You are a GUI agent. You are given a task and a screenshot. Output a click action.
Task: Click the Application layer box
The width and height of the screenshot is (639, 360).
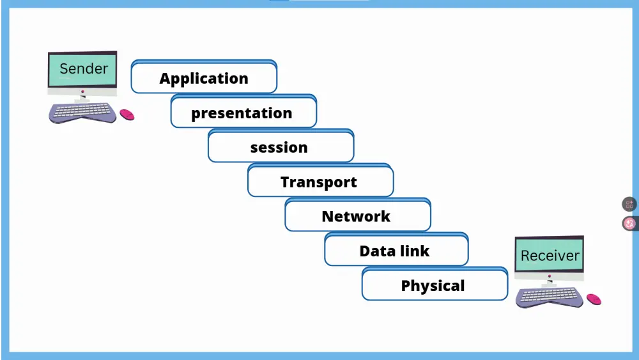(204, 78)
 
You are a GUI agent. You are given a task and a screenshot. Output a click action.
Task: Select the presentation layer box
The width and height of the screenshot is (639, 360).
(243, 113)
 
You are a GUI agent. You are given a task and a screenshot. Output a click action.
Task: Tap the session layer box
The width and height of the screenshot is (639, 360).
(280, 148)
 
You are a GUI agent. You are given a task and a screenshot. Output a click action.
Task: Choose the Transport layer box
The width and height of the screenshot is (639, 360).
(319, 182)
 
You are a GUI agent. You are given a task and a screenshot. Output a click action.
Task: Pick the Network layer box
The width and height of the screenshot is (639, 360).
(357, 216)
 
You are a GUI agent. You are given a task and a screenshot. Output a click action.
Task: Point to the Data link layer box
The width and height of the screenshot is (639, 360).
(396, 251)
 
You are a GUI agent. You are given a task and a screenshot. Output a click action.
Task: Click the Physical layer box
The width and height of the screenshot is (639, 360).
(434, 285)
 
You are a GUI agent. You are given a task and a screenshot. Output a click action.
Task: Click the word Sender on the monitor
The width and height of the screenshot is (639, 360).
(84, 68)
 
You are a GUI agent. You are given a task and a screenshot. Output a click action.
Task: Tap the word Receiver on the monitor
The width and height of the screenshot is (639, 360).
(550, 256)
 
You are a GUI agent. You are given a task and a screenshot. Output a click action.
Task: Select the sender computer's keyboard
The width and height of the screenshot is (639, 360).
(83, 113)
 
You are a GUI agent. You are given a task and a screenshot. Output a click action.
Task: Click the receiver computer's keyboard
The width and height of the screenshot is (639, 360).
(550, 297)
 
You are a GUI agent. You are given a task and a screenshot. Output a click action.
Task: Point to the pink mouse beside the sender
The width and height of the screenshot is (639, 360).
(127, 114)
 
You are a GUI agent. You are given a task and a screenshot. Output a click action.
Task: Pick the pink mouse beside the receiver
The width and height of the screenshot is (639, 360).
(594, 299)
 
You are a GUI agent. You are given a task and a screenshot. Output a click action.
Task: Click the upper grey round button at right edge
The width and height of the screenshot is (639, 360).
(629, 205)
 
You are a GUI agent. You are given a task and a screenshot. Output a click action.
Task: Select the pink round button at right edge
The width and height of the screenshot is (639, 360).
(629, 223)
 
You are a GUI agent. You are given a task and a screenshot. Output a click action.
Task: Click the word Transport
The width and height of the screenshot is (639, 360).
(319, 182)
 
